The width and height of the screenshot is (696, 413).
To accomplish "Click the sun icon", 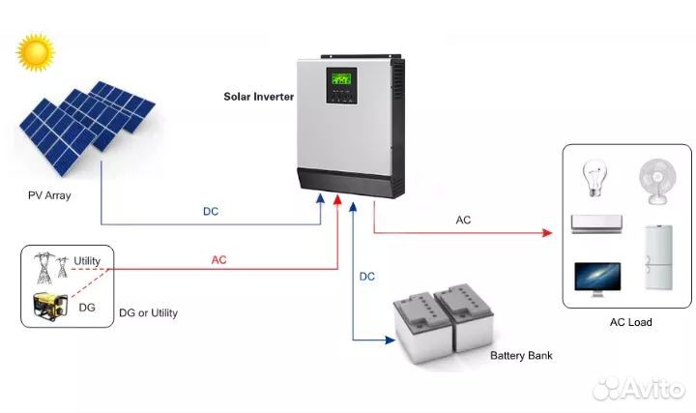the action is point(36,52).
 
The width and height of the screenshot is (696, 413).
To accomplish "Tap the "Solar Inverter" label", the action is point(258,97).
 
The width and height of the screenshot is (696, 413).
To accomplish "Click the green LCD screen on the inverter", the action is point(341,78).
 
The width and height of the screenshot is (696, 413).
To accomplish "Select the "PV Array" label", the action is point(49,195).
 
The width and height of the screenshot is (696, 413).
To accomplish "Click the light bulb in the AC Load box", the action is point(594,179).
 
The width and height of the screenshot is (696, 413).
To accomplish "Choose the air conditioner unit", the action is point(596,223).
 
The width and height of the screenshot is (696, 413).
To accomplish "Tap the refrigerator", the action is point(658,257).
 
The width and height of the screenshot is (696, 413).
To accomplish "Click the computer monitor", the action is point(597,280).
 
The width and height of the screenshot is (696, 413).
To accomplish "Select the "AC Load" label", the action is point(630,322).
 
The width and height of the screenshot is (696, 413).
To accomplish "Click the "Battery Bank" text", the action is point(521,355).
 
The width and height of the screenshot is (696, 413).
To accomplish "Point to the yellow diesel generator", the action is point(50,306).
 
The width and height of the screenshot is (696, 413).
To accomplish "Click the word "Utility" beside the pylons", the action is point(87,261).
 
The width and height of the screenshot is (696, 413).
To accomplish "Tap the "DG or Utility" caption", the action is point(148,313).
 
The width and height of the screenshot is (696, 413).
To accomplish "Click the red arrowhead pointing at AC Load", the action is point(547,233).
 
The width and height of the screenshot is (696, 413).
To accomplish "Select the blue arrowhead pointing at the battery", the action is point(390,340).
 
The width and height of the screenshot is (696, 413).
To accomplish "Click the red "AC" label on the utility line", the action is point(218,260).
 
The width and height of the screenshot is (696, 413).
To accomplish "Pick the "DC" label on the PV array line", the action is point(211,212).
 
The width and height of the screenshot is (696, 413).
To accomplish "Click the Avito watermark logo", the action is point(639,388).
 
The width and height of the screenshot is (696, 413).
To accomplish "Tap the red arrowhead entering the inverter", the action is point(337,200).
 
